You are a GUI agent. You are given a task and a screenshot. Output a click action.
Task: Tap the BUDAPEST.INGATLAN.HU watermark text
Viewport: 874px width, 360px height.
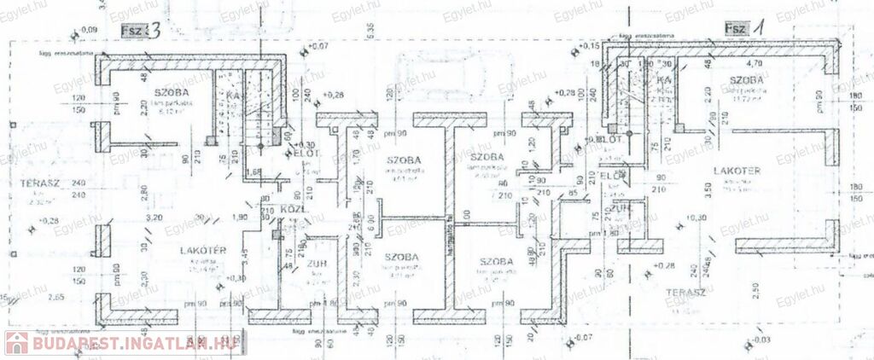coord(131,342)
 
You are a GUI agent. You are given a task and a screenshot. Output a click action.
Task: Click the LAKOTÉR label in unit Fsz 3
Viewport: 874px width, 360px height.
coord(202,249)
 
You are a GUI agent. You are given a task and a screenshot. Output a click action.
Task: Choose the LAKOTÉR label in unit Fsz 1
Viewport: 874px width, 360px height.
coord(737,170)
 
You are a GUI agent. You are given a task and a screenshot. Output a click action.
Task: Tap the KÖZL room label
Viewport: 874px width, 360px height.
coord(293,210)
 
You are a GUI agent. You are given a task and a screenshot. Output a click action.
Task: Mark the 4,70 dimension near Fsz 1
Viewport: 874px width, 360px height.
coord(755,63)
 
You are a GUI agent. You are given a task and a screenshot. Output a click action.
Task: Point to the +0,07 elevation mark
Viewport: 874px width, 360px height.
coord(318,44)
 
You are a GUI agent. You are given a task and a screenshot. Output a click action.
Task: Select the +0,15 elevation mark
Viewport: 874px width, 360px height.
coord(588,45)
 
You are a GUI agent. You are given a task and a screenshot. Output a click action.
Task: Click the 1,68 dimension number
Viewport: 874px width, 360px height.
coord(253,171)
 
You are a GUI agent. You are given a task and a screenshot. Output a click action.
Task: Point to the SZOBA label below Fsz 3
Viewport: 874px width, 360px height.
coord(172,91)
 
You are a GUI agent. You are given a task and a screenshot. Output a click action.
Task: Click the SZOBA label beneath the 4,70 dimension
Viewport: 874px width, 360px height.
coord(746,80)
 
